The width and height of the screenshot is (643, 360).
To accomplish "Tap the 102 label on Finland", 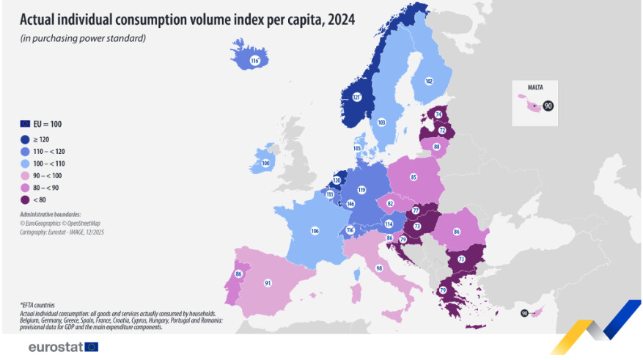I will tap(429, 81).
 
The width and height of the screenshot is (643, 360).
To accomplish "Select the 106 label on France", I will tap(315, 231).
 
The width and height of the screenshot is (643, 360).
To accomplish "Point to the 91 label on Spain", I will tap(268, 282).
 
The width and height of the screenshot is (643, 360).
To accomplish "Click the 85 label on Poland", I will tap(414, 177).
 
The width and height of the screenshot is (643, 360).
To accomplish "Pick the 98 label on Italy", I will tap(379, 268).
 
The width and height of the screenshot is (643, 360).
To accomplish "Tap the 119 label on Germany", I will tap(361, 189).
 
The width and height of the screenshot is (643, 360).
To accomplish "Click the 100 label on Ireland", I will tap(265, 163).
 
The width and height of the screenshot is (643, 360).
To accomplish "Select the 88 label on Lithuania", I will tap(436, 147).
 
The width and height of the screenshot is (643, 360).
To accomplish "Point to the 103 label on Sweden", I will tap(381, 122).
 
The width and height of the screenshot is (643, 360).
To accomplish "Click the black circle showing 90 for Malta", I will tap(548, 106).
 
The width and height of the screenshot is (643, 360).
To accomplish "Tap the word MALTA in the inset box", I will tap(535, 87).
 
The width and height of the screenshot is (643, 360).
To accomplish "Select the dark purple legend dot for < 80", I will tap(25, 199).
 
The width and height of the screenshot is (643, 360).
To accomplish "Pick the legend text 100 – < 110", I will tap(50, 164).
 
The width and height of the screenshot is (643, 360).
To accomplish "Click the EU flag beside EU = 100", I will tap(25, 124).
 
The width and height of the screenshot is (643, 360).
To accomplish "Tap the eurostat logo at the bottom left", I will tap(62, 347).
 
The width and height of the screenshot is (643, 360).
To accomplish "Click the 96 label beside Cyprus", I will tap(524, 313).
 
